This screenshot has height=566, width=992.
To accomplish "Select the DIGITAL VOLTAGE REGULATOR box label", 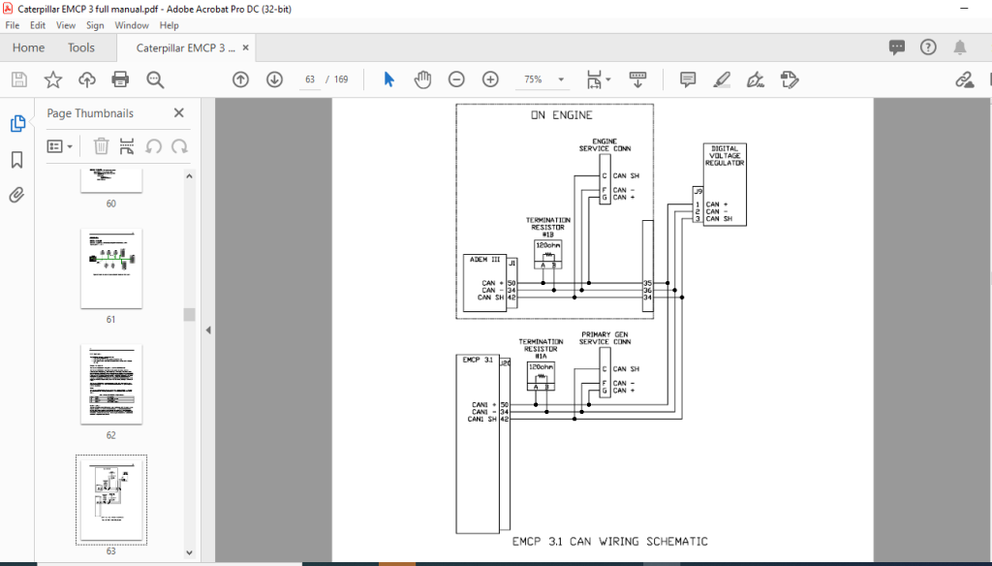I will click(x=725, y=156).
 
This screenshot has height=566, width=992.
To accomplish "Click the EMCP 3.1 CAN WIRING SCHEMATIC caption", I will click(x=609, y=542).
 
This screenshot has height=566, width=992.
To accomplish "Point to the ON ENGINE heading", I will click(x=561, y=115).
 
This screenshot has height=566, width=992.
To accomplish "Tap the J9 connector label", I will click(x=697, y=191).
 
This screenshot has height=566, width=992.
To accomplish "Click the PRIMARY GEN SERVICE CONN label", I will click(x=605, y=337).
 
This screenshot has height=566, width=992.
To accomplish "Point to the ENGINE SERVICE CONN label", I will click(x=605, y=144).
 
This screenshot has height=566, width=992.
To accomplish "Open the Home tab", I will click(x=28, y=47).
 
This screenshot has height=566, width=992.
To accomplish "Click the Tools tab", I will click(x=81, y=47).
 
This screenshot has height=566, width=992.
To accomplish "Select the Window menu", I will click(x=132, y=25).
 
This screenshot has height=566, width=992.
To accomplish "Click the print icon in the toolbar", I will click(x=120, y=79).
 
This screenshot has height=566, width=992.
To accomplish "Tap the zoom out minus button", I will click(x=456, y=79).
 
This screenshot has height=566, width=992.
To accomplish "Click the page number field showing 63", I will click(x=310, y=79).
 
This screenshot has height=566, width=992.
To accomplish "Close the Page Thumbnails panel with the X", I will click(x=178, y=113).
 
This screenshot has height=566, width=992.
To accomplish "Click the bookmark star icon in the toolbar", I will click(x=53, y=79).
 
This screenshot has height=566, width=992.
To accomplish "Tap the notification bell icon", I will click(x=960, y=47).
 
